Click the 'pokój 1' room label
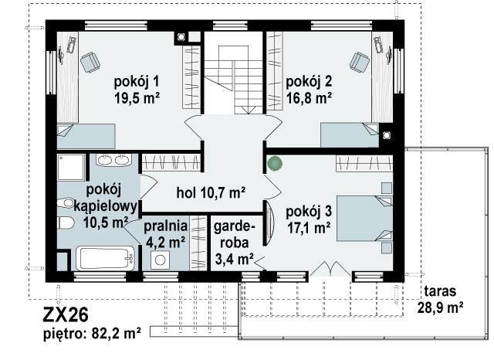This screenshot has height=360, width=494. click(x=137, y=82)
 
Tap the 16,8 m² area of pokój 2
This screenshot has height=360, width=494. click(x=309, y=97)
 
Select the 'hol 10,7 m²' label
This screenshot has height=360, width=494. click(x=211, y=192)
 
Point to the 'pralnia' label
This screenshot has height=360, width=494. click(x=166, y=226)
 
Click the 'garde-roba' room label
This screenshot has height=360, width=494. click(x=234, y=235)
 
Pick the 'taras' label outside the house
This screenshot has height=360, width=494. click(x=440, y=291)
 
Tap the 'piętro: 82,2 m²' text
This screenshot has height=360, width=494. click(x=92, y=333)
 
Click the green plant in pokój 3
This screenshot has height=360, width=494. click(x=275, y=164)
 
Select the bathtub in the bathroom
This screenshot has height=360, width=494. click(x=106, y=259)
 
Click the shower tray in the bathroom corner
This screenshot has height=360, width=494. click(x=71, y=167)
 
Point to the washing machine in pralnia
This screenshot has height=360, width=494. click(x=160, y=260)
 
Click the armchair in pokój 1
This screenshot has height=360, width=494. click(x=90, y=62)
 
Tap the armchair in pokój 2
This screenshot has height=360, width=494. click(x=360, y=62)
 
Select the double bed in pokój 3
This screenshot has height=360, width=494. click(x=364, y=219)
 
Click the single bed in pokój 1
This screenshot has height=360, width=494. click(x=86, y=136)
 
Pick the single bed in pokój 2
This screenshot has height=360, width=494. click(x=350, y=135)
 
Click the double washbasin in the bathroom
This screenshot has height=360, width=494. click(x=113, y=160)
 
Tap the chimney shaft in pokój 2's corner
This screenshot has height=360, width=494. click(x=386, y=135)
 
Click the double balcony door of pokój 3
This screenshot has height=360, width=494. click(x=330, y=268)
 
